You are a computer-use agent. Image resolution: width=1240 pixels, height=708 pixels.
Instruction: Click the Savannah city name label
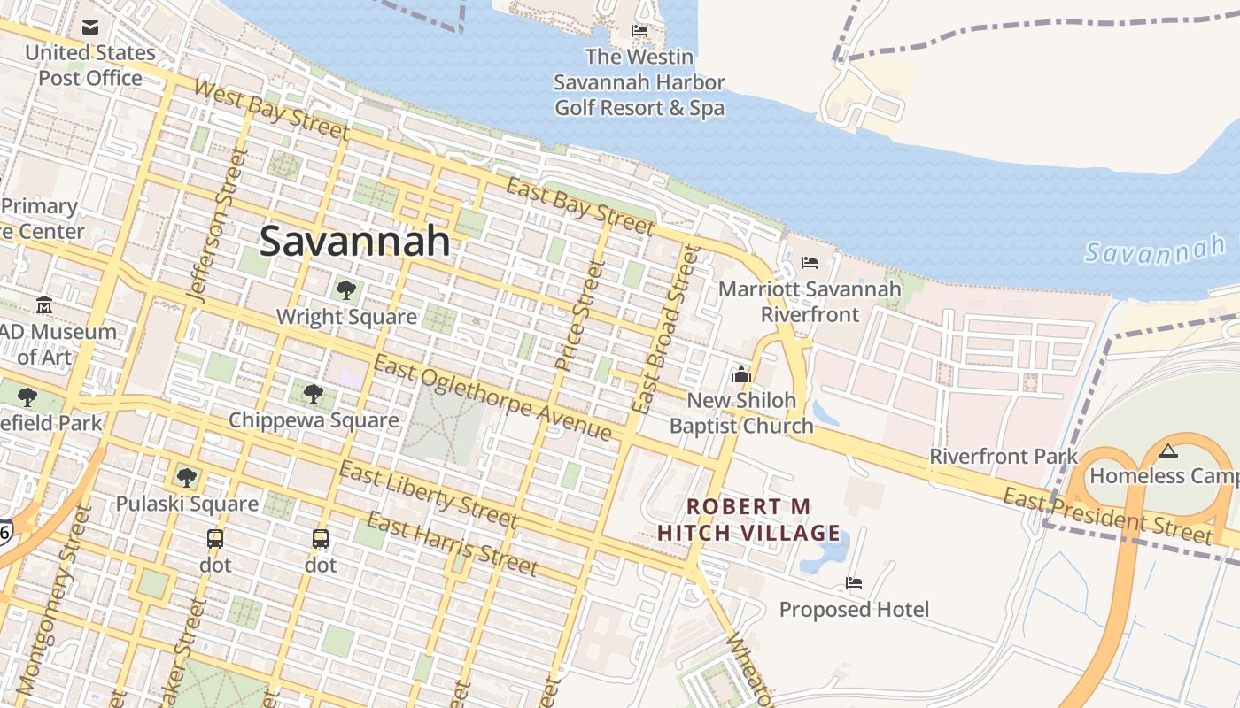point(354,241)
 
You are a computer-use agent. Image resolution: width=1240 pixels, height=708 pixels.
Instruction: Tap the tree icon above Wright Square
point(345,289)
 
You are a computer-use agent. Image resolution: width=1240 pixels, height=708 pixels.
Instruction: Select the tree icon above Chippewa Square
point(313,393)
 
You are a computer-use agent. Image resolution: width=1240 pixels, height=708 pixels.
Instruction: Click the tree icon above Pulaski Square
point(186,478)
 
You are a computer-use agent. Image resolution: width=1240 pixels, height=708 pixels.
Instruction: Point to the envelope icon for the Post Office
point(90,27)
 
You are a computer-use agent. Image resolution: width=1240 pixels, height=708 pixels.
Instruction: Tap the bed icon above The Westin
point(639,31)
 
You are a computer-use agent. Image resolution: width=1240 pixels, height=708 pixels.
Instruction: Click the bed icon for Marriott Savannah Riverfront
point(809,263)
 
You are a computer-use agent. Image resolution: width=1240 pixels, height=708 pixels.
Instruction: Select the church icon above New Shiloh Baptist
point(741,374)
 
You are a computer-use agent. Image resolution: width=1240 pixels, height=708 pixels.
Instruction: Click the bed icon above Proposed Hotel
point(854,583)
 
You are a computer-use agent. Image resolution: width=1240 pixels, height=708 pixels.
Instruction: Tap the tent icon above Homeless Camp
point(1168,450)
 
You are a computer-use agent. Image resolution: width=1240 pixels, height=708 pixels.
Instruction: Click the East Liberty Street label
point(428,494)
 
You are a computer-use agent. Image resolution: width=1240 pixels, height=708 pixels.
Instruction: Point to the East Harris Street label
point(452,543)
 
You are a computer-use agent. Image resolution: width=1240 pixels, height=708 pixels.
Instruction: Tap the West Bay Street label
point(270,109)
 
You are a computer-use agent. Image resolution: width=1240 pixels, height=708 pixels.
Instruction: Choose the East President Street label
point(1107,515)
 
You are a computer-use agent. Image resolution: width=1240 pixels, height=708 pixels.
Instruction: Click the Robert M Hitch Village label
point(749,519)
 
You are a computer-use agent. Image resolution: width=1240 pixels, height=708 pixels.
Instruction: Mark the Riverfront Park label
point(1003,457)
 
